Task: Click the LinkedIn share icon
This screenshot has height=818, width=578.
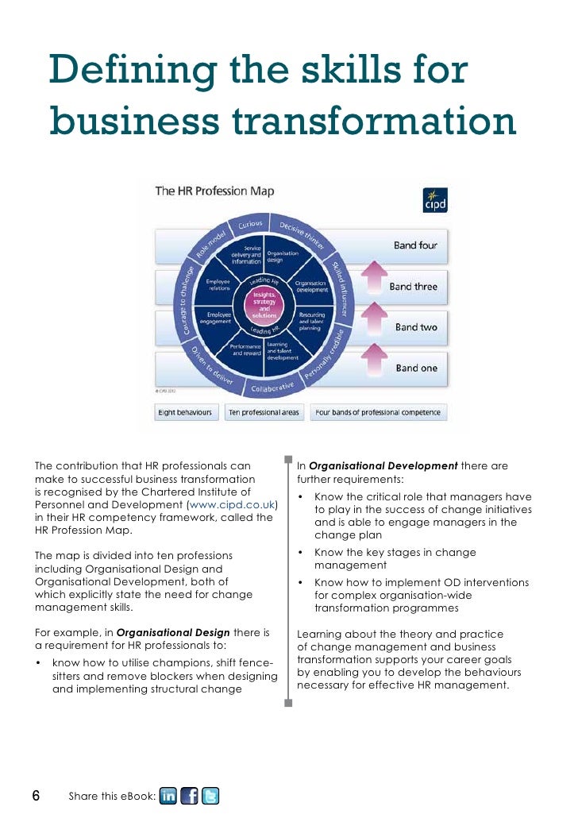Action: pyautogui.click(x=168, y=796)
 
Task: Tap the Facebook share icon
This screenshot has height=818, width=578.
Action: pyautogui.click(x=189, y=796)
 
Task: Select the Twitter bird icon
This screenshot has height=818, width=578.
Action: pyautogui.click(x=210, y=796)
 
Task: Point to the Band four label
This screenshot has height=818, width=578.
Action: pyautogui.click(x=415, y=245)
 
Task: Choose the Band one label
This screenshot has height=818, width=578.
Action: pyautogui.click(x=416, y=368)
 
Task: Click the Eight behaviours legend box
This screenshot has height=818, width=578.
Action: pyautogui.click(x=185, y=413)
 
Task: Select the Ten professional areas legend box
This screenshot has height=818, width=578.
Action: pyautogui.click(x=264, y=413)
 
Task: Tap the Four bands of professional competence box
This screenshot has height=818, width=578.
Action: pyautogui.click(x=380, y=413)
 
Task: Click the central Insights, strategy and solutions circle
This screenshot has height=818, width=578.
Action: pyautogui.click(x=264, y=305)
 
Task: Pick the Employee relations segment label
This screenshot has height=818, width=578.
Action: pyautogui.click(x=218, y=284)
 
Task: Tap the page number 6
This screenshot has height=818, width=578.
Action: pyautogui.click(x=36, y=796)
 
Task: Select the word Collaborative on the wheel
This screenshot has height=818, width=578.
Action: pyautogui.click(x=272, y=388)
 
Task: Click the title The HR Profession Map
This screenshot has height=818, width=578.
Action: pyautogui.click(x=214, y=191)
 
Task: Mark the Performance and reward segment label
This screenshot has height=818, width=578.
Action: pyautogui.click(x=245, y=350)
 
